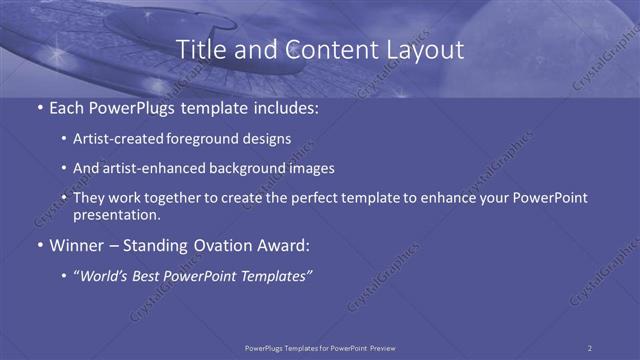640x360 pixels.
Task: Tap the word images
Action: [x=311, y=169]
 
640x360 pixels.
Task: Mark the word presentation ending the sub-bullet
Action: [x=117, y=215]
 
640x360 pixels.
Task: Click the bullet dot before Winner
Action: [x=38, y=246]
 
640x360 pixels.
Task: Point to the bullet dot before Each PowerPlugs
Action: [x=38, y=107]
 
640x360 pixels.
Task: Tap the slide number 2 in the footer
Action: [x=589, y=347]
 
